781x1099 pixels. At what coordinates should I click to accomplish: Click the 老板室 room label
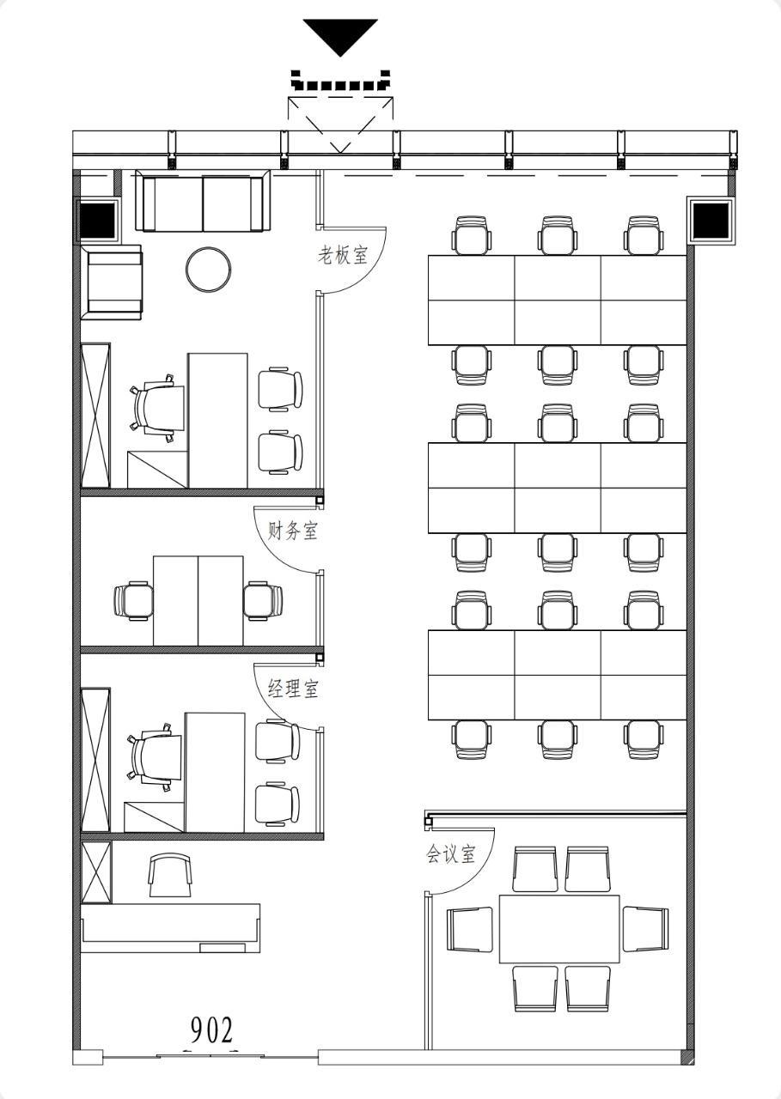(x=342, y=255)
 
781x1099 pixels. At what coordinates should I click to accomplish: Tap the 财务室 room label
(x=293, y=531)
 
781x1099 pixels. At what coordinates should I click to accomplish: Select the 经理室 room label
(x=293, y=689)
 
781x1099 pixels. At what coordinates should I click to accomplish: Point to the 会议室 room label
(x=450, y=853)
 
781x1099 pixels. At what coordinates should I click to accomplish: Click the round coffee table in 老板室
(x=209, y=270)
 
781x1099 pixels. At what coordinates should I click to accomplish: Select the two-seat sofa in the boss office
(x=203, y=201)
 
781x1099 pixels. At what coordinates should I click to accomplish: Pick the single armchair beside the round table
(x=114, y=283)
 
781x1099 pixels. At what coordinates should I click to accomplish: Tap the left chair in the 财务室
(x=133, y=601)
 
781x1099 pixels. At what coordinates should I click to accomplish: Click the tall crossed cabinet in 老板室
(x=95, y=416)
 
